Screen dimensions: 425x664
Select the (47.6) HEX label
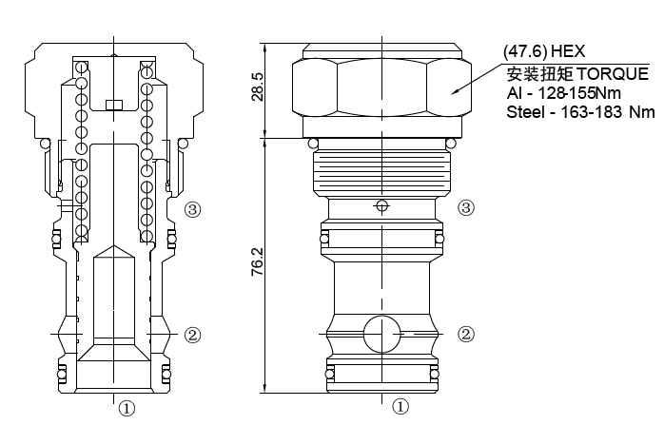543,50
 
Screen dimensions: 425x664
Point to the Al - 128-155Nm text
557,94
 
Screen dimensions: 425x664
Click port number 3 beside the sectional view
192,208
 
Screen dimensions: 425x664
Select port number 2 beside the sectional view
192,335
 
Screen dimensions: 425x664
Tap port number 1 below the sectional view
126,409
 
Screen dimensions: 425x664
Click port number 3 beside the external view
466,207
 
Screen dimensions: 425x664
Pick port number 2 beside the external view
466,334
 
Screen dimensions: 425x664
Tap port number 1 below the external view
400,407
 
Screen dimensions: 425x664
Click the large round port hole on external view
381,335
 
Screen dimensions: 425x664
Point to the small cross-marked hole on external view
382,205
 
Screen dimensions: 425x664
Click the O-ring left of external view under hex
314,144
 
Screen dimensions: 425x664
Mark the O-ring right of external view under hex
451,144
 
